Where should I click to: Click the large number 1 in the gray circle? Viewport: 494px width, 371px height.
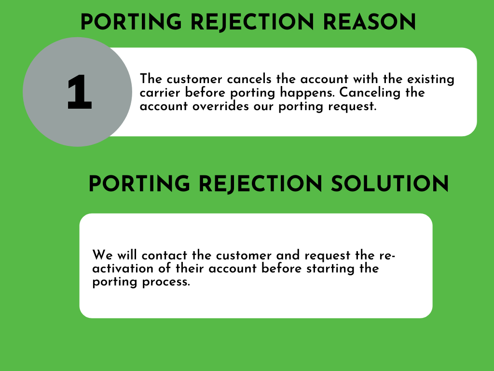(80, 92)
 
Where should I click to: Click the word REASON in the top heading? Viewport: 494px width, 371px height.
(369, 22)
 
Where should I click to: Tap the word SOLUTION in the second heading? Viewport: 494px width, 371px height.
(390, 184)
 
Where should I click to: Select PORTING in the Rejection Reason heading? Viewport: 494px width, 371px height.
(131, 22)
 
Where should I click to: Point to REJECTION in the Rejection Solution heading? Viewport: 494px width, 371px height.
(261, 184)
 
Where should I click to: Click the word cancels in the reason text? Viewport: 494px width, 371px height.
(249, 79)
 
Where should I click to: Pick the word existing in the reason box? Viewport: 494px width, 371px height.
(431, 80)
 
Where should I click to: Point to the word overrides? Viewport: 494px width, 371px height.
(220, 106)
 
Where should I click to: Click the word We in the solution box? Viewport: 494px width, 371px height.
(102, 255)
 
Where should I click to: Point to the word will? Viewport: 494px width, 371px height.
(127, 255)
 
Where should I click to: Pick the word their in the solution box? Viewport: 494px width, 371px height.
(190, 269)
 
